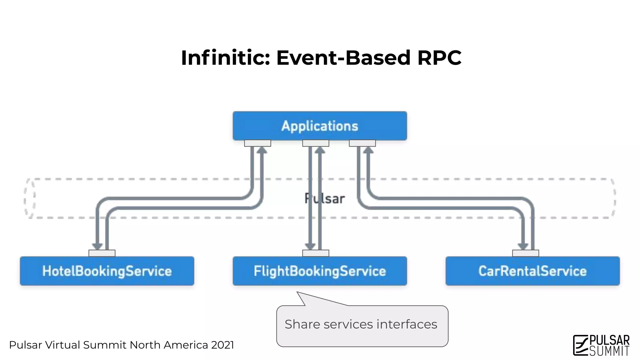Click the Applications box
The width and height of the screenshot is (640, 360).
coord(320,126)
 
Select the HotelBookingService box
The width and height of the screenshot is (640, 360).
coord(107,271)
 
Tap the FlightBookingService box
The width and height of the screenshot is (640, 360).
coord(320,271)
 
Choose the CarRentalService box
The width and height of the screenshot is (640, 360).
coord(532,271)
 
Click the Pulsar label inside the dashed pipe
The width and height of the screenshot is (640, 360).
coord(325,199)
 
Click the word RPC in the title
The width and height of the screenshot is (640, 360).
coord(439,58)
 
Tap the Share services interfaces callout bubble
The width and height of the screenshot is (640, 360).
coord(362,325)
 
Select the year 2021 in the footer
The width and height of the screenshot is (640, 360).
coord(222,345)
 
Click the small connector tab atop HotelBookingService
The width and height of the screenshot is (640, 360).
coord(102,253)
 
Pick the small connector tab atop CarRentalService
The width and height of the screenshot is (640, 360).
coord(526,253)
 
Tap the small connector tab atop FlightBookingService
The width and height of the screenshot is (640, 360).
coord(316,253)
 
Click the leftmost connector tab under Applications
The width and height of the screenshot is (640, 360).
coord(257,143)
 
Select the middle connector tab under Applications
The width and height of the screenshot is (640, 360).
coord(316,143)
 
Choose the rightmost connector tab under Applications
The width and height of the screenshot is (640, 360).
coord(362,143)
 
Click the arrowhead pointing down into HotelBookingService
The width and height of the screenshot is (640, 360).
coord(97,246)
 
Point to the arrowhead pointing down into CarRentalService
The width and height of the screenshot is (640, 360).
coord(523,246)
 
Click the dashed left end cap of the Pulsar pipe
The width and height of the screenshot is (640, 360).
coord(30,198)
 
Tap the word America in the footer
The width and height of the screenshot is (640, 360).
coord(186,345)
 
